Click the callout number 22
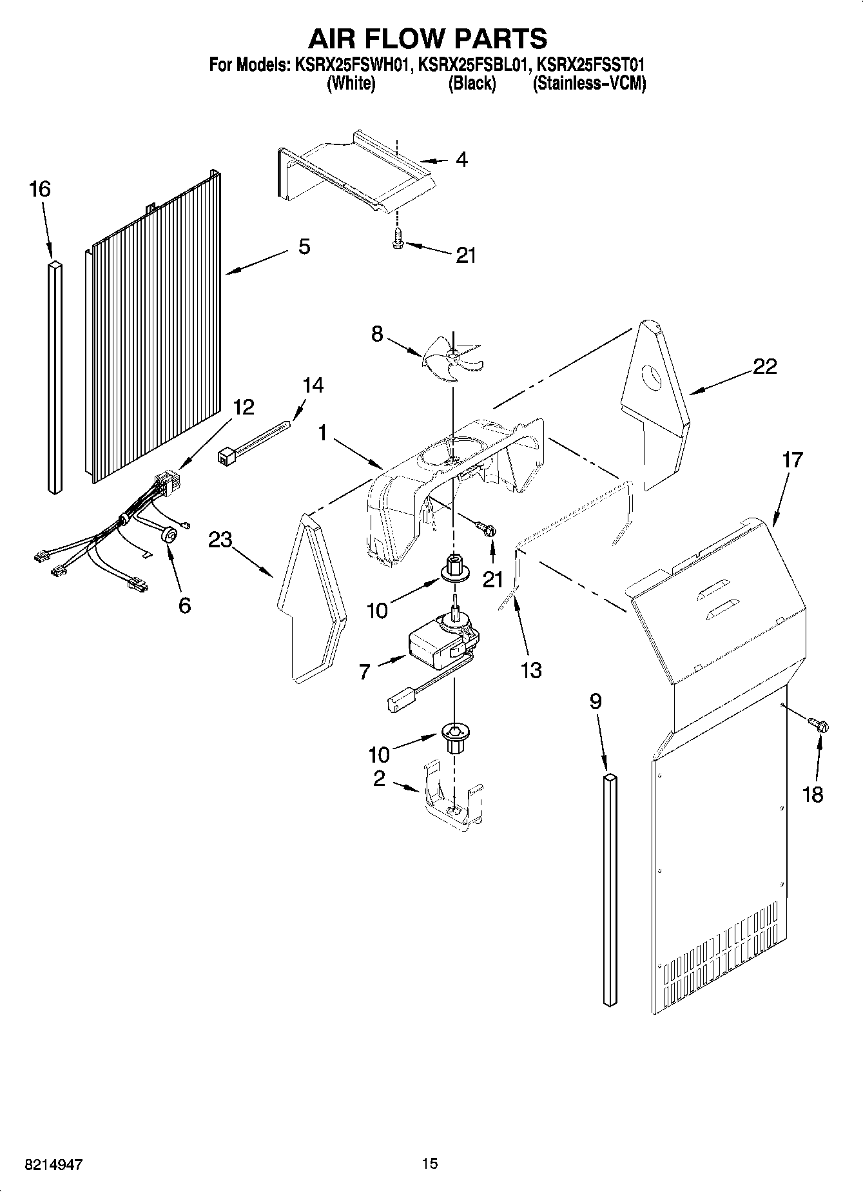pos(764,366)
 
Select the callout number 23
pos(220,539)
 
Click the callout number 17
pos(792,460)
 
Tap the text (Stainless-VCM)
pos(589,83)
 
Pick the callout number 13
pos(530,670)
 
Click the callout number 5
pos(304,246)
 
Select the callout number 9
pos(596,701)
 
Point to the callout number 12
pos(244,407)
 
